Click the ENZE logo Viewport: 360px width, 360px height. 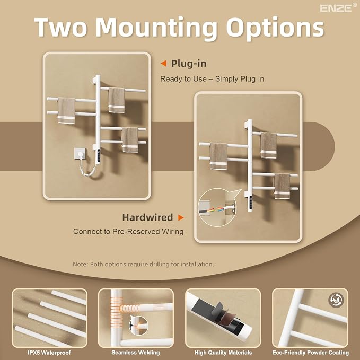tap(338, 8)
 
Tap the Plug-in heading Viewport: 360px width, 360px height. tap(189, 64)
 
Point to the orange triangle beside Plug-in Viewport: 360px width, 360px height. tap(163, 64)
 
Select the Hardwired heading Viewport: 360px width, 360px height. tap(147, 217)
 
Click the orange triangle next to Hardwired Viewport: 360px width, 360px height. tap(181, 217)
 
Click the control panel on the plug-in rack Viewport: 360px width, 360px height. tap(99, 156)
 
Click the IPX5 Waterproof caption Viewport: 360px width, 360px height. tap(49, 353)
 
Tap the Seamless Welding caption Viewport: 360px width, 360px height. tap(135, 353)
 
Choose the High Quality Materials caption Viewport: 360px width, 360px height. tap(223, 353)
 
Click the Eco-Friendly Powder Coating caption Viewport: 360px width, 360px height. tap(310, 353)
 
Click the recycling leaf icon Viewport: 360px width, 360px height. tap(336, 300)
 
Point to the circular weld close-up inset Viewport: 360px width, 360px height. tap(138, 326)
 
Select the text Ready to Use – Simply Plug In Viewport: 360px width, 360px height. tap(212, 79)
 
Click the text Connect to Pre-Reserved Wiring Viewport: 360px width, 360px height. tap(128, 231)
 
